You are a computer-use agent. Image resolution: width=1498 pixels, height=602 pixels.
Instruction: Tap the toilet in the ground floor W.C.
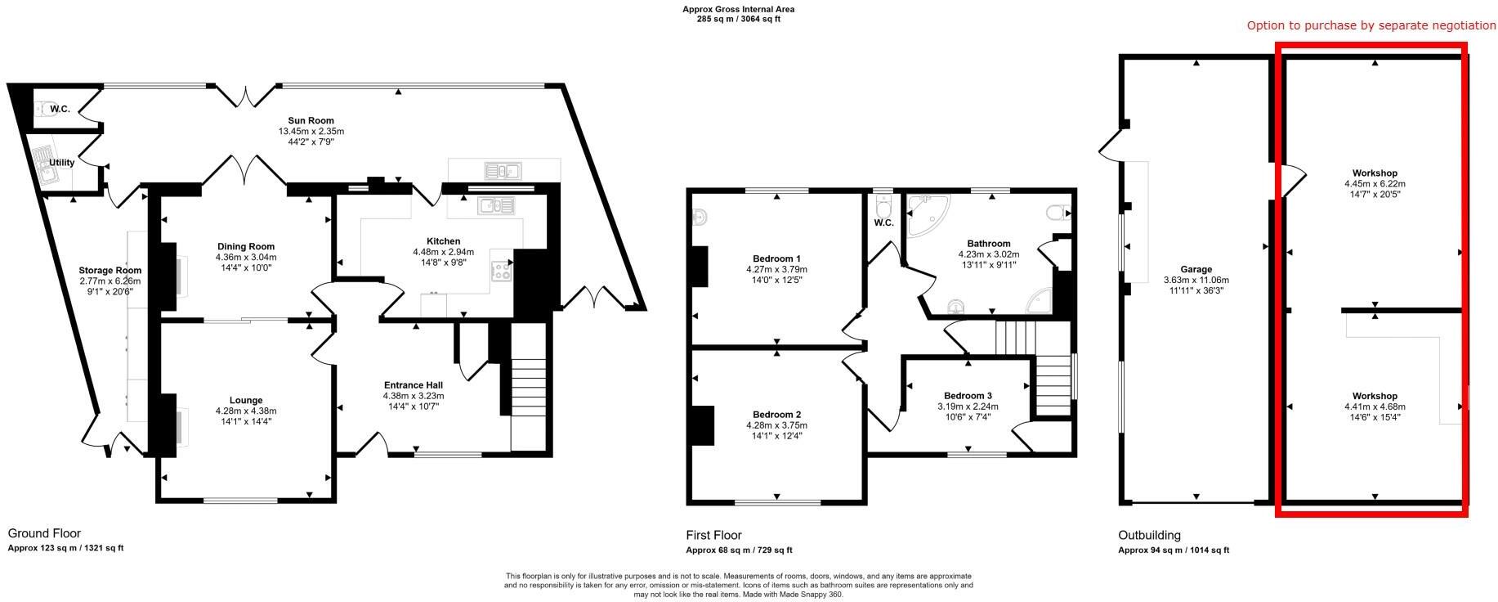click(42, 109)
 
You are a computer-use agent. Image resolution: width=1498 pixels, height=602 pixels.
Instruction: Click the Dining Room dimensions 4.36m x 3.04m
click(245, 257)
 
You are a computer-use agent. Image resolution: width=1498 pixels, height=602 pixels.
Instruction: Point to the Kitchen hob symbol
click(501, 269)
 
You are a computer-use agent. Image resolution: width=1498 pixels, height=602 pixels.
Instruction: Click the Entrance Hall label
click(413, 385)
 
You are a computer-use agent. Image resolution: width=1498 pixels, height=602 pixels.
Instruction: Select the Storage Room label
click(110, 270)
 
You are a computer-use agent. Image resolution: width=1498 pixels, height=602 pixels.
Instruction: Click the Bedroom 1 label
click(776, 258)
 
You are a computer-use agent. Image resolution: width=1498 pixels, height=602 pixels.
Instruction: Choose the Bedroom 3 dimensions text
click(968, 407)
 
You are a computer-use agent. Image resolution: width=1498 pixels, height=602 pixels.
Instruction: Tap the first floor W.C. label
click(883, 222)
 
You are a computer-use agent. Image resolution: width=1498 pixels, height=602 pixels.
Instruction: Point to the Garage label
click(1196, 269)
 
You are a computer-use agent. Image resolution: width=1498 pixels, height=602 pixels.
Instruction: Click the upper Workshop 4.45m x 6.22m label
click(1375, 184)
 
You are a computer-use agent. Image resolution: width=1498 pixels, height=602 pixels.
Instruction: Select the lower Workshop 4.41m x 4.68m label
click(1375, 407)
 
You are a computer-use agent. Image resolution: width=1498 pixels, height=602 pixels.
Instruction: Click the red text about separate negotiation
click(1371, 26)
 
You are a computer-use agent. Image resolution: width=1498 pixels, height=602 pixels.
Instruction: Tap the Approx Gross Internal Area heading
click(738, 10)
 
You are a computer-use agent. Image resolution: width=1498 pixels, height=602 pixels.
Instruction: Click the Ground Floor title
click(44, 533)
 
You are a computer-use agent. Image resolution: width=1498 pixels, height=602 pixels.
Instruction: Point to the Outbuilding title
click(1149, 536)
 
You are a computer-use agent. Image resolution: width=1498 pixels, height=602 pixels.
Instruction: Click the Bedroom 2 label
click(776, 414)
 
